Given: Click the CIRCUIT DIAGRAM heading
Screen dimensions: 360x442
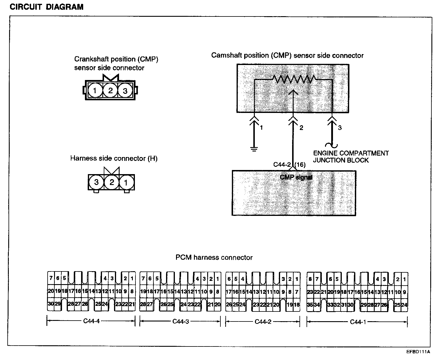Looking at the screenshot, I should (46, 7).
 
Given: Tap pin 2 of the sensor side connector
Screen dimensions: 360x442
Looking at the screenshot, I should (110, 91).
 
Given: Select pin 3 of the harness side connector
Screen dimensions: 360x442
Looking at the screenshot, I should (96, 182).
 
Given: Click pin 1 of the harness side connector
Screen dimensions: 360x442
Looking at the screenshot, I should (126, 183).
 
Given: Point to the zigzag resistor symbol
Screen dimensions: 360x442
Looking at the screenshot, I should (294, 79).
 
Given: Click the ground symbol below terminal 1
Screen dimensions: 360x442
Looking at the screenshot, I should (254, 149).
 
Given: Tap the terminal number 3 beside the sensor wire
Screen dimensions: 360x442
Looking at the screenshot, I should (340, 128).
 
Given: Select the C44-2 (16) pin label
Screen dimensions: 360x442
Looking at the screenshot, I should (289, 164).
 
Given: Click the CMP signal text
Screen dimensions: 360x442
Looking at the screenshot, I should (296, 177).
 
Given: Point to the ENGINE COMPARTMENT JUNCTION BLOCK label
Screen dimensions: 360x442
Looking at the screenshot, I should (351, 157).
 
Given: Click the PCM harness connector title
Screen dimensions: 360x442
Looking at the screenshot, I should (214, 258).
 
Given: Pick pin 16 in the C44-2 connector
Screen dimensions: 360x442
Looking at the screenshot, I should (236, 292).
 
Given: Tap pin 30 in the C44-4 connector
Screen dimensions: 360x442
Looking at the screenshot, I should (51, 304).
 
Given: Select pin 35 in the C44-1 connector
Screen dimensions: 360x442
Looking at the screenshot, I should (310, 305).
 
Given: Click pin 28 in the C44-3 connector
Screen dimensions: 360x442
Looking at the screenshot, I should (143, 304).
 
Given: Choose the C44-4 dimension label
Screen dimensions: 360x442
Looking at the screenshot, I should (91, 321).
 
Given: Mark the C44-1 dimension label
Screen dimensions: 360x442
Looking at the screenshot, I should (358, 322).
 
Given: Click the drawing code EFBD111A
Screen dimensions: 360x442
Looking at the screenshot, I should (418, 352).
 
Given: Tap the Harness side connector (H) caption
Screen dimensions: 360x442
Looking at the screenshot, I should (114, 159).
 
